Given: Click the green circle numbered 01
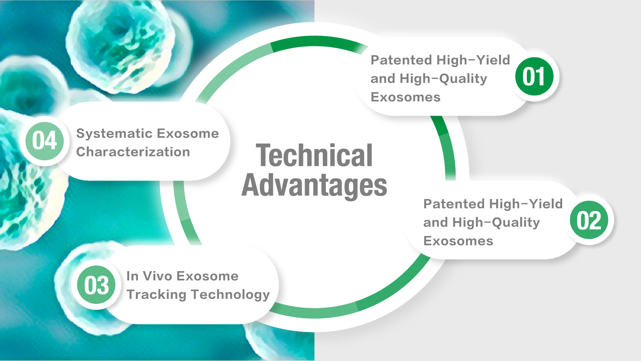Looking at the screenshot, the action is pos(534,76).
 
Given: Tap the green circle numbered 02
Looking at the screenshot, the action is pos(589,220).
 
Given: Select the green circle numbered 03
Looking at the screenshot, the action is pos(96,285).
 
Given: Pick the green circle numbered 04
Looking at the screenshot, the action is pos(45,141).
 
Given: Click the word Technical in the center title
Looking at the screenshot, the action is pos(314,155).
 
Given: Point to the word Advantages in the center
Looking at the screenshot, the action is pos(314,185).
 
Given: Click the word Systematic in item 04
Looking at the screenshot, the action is pos(114,134).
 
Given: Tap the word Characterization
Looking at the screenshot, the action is pos(133,152).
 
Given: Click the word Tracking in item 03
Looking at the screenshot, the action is pos(156,295).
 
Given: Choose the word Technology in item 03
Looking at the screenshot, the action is pos(230,295).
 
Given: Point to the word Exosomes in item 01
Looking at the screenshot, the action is pos(406,98).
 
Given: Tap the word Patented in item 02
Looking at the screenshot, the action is pos(454,204).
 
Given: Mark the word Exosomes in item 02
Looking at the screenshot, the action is pos(458,241).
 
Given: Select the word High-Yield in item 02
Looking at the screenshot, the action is pos(526,204).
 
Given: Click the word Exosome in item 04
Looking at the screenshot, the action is pos(188,134).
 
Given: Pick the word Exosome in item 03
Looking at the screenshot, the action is pos(207,276).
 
